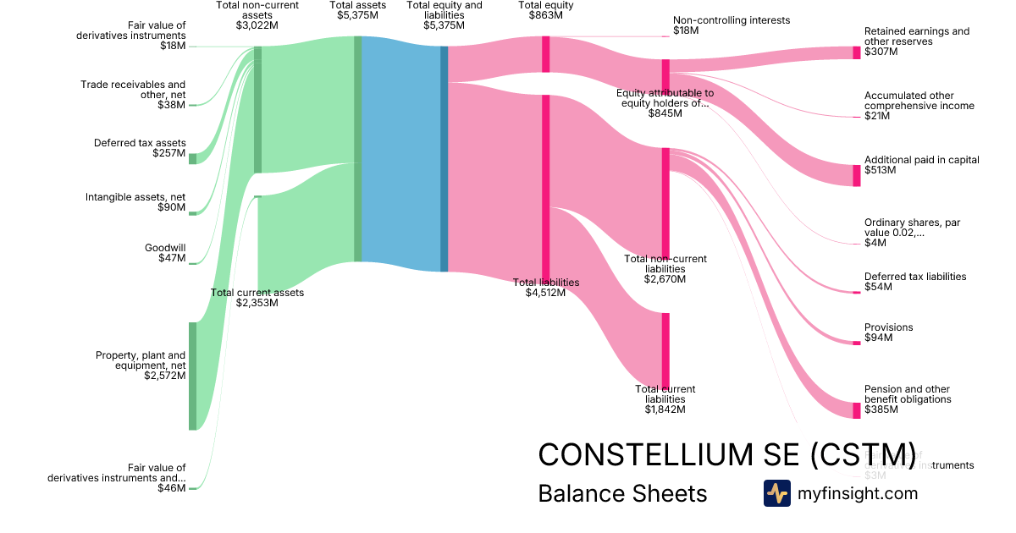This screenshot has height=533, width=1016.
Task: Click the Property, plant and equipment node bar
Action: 192,376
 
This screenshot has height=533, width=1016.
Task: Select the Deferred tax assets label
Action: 140,148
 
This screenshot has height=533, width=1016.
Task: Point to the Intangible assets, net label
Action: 135,202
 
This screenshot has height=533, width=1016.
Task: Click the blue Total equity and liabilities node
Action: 444,158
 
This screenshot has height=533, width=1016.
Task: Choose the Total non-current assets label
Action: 257,15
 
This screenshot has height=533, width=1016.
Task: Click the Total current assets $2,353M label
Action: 257,298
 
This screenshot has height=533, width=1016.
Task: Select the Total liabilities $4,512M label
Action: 546,288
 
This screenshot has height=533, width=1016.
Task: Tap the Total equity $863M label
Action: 546,10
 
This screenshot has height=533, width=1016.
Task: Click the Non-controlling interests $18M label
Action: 732,25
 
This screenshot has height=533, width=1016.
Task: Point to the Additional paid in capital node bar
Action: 856,175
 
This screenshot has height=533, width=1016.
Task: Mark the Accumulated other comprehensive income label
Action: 919,106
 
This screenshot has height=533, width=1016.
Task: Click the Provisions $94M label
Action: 888,332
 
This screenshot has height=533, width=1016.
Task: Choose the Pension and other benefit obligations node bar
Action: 856,409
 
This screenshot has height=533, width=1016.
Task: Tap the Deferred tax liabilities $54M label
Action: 914,282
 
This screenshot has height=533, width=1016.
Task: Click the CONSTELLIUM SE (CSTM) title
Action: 726,454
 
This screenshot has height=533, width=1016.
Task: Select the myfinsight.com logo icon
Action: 776,493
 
